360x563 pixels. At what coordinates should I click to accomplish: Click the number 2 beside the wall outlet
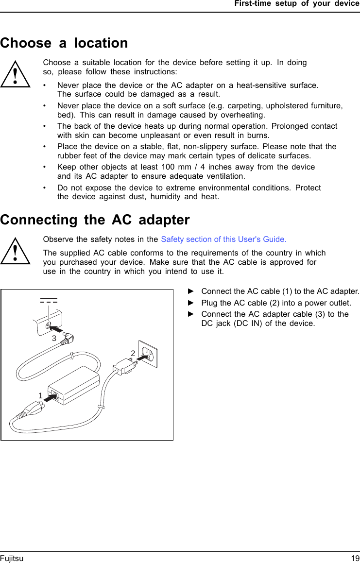click(132, 353)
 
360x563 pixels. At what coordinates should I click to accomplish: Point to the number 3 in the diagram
click(54, 337)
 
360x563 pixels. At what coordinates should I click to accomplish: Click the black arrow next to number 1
click(50, 397)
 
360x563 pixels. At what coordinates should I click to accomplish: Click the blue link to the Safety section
click(223, 239)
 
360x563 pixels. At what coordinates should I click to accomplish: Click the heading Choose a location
click(64, 43)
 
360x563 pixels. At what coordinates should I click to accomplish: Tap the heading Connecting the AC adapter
click(95, 220)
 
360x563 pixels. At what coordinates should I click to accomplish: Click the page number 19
click(355, 559)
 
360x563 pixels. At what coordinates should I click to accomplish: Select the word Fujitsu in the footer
click(12, 559)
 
